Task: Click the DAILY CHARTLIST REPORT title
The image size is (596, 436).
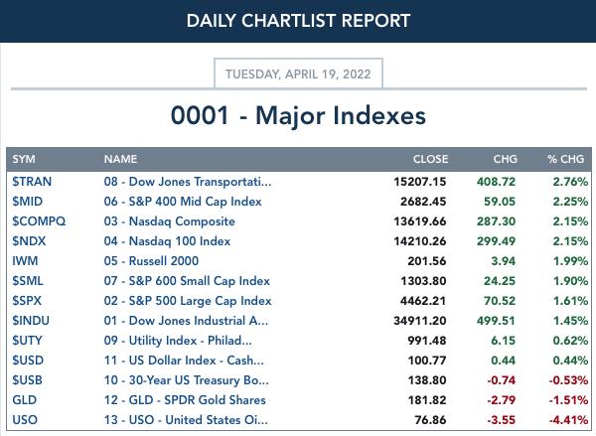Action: (298, 21)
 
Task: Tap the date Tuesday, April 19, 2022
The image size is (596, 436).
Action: (298, 73)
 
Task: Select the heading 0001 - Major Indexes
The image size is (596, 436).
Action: (298, 115)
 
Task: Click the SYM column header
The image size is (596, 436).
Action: (24, 159)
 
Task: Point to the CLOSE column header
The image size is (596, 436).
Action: (431, 159)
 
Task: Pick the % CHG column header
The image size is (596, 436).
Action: (565, 159)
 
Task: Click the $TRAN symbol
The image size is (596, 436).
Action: (32, 182)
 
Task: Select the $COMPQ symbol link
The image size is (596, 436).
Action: (39, 221)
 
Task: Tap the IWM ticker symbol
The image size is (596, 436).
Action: (25, 261)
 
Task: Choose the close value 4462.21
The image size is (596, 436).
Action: (423, 301)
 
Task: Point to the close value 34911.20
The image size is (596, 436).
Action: (420, 321)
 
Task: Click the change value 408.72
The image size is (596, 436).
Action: (496, 182)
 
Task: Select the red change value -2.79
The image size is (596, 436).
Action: (502, 400)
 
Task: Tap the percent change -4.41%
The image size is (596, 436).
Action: (568, 420)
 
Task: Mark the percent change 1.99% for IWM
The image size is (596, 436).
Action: (570, 261)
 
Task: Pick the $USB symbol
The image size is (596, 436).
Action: (27, 380)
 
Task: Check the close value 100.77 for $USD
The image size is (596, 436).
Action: (427, 360)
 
